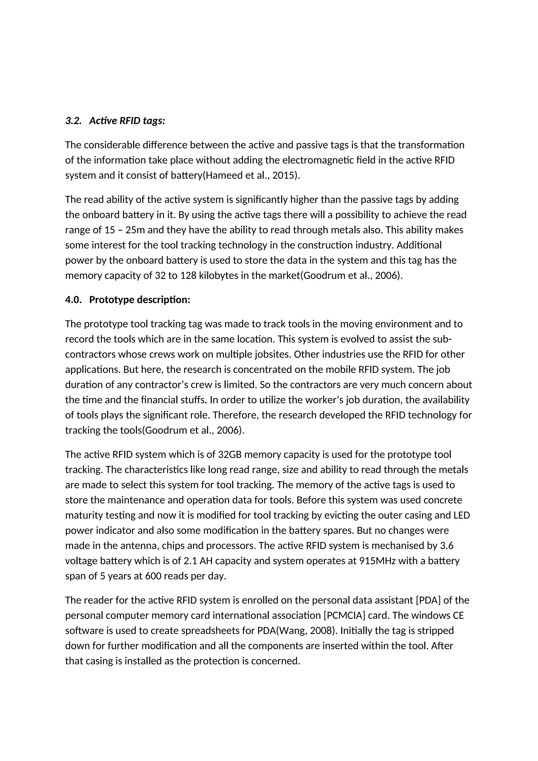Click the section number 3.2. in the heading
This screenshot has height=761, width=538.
click(x=73, y=121)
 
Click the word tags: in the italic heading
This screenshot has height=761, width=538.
click(x=154, y=121)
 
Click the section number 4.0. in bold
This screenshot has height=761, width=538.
click(x=73, y=300)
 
